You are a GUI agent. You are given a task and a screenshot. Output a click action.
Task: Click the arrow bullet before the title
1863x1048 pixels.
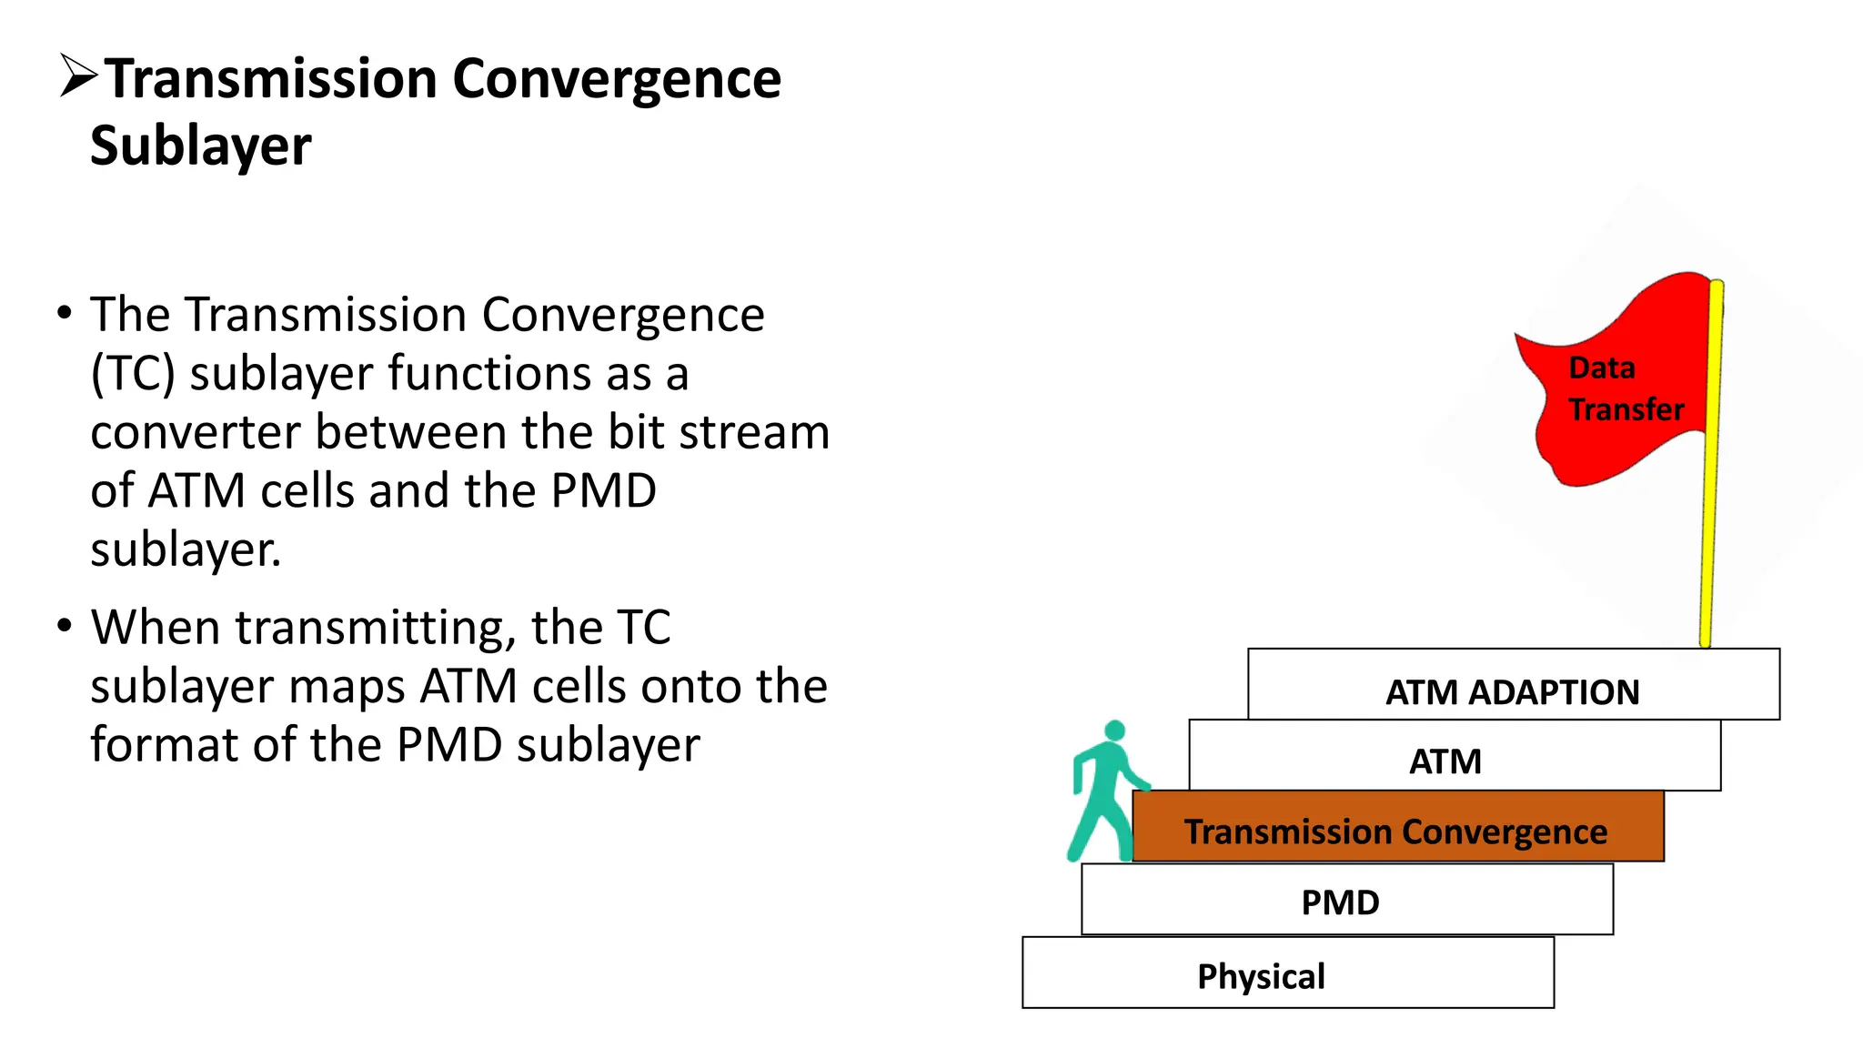point(78,76)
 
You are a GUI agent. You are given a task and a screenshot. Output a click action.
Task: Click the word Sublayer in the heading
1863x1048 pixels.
point(201,146)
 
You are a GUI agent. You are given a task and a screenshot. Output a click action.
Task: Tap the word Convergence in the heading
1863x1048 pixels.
point(617,79)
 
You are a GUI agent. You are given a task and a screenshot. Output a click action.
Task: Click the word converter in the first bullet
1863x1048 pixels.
point(196,432)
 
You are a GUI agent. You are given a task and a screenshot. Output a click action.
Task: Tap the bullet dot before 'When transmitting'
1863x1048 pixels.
point(64,627)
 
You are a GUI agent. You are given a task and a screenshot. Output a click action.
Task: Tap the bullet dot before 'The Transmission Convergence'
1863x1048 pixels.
point(64,313)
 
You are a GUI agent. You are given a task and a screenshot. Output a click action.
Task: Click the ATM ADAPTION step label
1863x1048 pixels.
point(1512,692)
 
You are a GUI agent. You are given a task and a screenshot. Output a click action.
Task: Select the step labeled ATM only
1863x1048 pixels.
point(1445,761)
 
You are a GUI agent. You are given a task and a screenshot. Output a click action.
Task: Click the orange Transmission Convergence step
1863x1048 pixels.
point(1396,831)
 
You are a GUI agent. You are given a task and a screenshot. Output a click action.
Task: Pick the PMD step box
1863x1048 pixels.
point(1340,902)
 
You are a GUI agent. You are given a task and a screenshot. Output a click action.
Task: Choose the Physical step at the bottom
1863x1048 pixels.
point(1261,976)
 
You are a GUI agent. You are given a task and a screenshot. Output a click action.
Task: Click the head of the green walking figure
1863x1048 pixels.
point(1115,731)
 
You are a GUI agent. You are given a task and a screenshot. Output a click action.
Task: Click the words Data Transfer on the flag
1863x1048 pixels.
point(1626,389)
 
